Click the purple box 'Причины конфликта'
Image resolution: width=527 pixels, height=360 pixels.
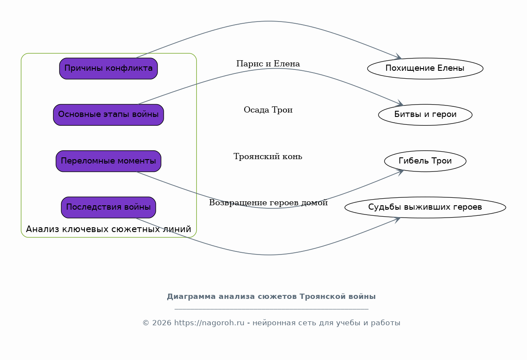pos(108,69)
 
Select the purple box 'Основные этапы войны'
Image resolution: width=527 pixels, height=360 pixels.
pos(108,115)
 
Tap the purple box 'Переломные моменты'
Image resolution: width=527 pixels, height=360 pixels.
pos(108,161)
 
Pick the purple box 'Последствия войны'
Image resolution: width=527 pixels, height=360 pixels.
pos(108,207)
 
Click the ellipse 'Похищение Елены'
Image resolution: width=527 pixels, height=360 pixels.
pos(425,69)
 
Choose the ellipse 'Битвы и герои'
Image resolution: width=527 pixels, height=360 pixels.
pos(425,115)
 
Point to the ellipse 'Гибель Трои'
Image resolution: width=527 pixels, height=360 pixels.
pos(425,161)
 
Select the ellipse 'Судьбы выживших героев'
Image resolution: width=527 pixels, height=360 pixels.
pos(425,207)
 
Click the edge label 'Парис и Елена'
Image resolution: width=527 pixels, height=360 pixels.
pos(268,64)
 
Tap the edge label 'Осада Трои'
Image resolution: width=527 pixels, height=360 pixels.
pos(268,110)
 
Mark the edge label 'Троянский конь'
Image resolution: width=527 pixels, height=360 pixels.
pos(268,156)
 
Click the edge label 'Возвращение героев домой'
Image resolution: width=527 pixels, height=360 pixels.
pos(268,203)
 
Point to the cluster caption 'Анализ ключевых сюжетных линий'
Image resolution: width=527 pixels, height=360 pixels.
pos(108,229)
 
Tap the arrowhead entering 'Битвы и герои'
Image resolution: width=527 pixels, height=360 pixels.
pos(399,103)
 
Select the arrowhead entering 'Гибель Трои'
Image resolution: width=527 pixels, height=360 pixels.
pos(400,172)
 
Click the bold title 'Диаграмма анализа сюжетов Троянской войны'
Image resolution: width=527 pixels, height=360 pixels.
pos(271,297)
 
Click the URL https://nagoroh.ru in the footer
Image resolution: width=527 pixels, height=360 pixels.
pos(209,323)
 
